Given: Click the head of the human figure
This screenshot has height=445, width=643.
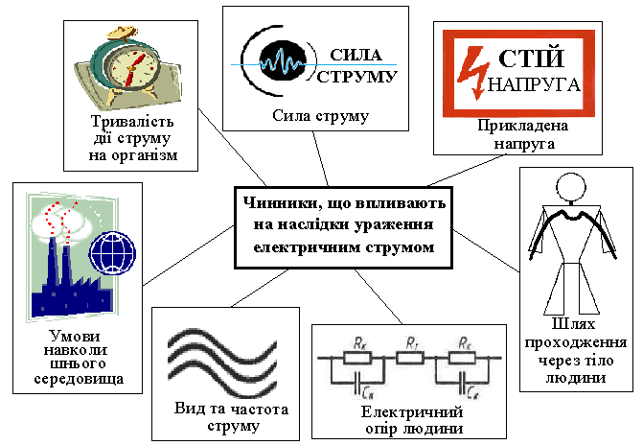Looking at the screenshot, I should click(572, 186).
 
